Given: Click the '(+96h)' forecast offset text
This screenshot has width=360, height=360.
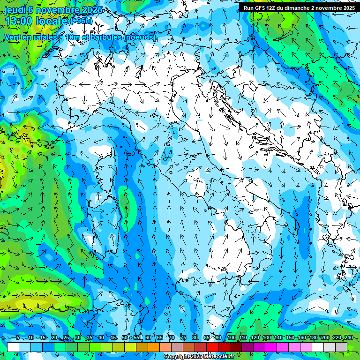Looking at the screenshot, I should point(81,22).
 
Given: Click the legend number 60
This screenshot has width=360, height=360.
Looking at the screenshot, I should point(148,337).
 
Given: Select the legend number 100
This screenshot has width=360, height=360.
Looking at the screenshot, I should point(231,337).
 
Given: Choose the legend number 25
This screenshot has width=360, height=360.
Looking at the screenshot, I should point(66,337).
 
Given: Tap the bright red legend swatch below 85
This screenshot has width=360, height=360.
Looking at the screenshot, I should point(212,347).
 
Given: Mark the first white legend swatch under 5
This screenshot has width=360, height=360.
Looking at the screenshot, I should point(13,347).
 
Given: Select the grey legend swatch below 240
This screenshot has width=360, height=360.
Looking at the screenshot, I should point(341,347).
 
